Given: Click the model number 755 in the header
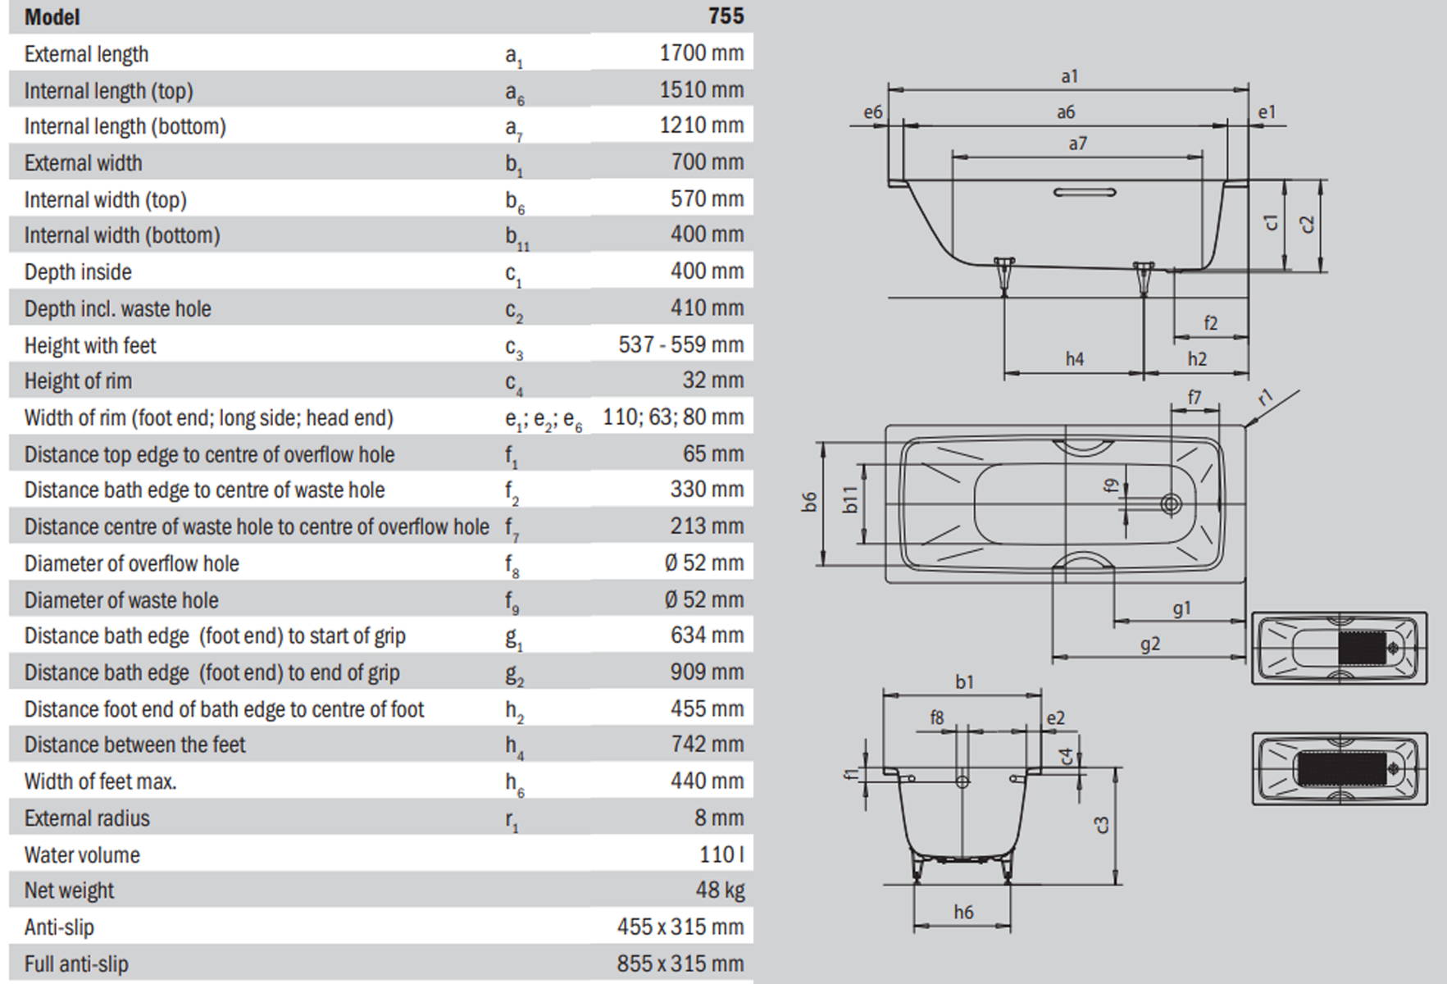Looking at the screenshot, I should coord(726,16).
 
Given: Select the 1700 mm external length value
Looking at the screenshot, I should coord(701,53).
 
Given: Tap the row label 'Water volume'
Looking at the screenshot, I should coord(82,855).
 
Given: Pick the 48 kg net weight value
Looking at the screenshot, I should coord(720,891).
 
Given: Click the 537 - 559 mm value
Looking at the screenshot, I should coord(680,344).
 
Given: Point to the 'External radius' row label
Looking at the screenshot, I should coord(87,818).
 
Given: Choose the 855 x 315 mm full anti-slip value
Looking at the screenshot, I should coord(680,963).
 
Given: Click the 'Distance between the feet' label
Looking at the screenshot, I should coord(134,745).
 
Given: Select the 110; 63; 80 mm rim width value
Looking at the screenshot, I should coord(672,417).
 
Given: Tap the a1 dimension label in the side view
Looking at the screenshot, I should coord(1069,77).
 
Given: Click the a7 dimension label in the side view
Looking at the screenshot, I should coord(1077,144).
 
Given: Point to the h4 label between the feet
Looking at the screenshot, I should coord(1074,359).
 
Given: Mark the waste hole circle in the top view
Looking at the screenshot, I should coord(1171,503).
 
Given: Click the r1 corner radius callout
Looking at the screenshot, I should coord(1266,399).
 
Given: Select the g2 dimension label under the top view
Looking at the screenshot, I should coord(1149,645).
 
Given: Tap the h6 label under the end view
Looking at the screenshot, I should coord(963,913).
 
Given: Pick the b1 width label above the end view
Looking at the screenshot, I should coord(964,682).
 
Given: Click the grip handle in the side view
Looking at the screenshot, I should coord(1085,193).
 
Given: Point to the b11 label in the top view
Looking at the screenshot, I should coord(851,499).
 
